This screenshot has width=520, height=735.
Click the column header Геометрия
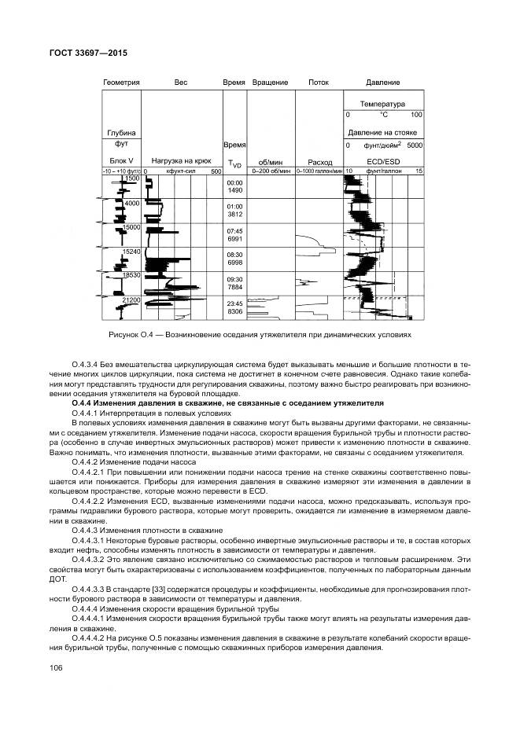pyautogui.click(x=121, y=83)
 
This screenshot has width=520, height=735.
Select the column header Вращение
pyautogui.click(x=271, y=83)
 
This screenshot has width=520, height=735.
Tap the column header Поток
pyautogui.click(x=319, y=83)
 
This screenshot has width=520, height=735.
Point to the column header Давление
pyautogui.click(x=383, y=83)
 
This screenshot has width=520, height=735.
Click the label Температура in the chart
pyautogui.click(x=382, y=104)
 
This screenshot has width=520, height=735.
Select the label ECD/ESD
pyautogui.click(x=383, y=160)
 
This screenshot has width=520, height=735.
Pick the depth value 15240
pyautogui.click(x=131, y=252)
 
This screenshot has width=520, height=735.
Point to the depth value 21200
pyautogui.click(x=131, y=300)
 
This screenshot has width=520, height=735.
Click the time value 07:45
pyautogui.click(x=235, y=231)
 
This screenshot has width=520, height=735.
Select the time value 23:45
pyautogui.click(x=235, y=303)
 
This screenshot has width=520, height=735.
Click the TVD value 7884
pyautogui.click(x=235, y=287)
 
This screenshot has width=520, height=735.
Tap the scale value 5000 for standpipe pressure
pyautogui.click(x=415, y=145)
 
